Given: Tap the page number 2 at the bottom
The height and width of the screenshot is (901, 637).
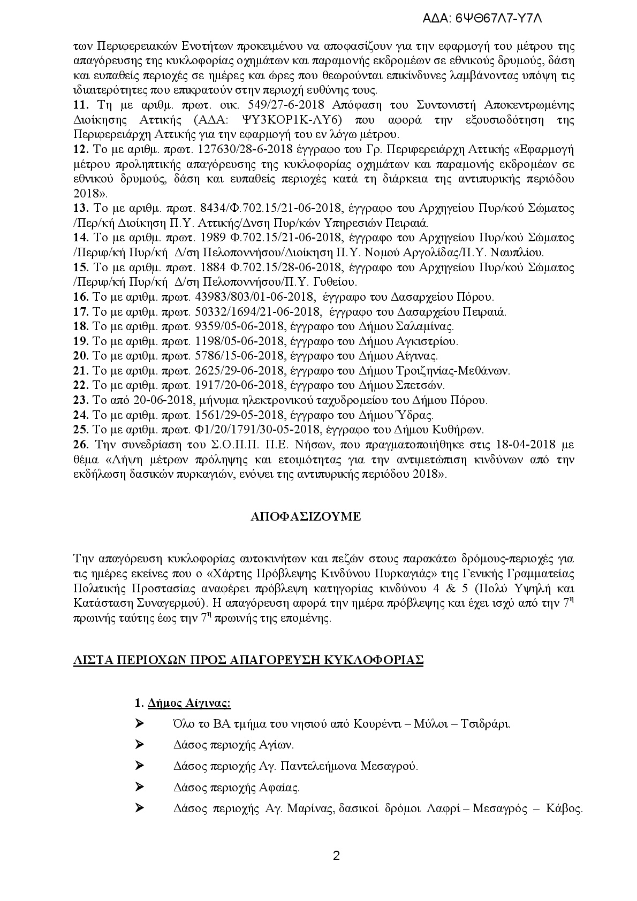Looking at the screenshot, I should [336, 855].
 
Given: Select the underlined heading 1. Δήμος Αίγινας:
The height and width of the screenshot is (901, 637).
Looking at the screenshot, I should [183, 703].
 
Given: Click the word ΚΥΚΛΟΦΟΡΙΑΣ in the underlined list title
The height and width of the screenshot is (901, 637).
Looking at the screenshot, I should [380, 659].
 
